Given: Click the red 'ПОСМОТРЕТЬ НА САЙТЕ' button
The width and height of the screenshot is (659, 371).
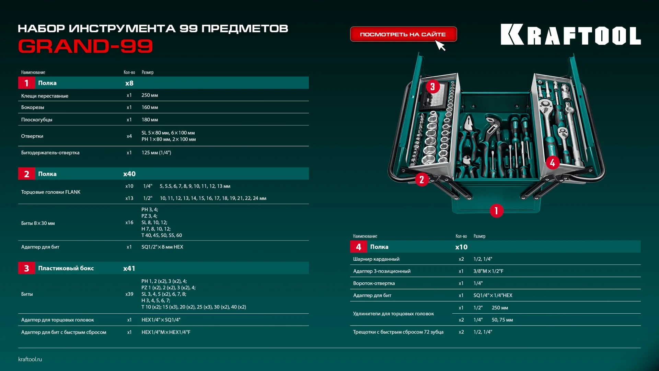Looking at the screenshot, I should (x=403, y=34).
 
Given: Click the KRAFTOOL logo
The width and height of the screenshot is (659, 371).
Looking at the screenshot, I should (x=570, y=35).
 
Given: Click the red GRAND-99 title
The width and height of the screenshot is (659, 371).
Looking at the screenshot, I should (x=85, y=46).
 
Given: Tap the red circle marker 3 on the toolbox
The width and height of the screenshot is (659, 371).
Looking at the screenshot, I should (x=432, y=87).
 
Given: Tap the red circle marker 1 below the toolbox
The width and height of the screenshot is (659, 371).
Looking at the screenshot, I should (x=496, y=211).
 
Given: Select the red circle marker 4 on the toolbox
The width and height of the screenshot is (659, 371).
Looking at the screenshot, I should (x=552, y=163).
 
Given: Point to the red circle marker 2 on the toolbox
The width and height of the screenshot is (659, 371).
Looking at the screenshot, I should (x=422, y=180).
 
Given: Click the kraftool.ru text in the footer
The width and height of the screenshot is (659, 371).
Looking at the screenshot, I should (x=30, y=359).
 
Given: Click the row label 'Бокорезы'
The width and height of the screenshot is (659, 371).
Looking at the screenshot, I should (x=33, y=108).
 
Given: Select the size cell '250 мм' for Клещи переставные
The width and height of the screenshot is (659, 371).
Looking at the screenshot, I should (x=150, y=95).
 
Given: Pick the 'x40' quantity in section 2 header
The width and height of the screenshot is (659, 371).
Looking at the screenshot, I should (x=129, y=174).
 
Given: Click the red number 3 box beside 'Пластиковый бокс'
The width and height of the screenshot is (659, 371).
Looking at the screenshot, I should (x=26, y=268).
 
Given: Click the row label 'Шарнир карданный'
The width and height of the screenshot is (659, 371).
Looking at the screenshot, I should (x=376, y=259).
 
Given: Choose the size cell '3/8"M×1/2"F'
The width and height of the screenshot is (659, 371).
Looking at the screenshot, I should (x=488, y=271).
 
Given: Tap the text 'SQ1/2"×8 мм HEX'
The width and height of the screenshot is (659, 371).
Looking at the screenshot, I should (x=162, y=247).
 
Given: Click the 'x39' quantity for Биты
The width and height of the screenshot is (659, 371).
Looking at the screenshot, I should (x=129, y=294).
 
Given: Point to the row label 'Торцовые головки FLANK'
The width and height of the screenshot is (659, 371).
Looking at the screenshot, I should (x=51, y=192).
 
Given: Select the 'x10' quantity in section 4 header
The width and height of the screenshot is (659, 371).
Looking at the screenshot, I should (x=461, y=247).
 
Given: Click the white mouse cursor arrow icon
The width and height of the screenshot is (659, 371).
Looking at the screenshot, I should (x=440, y=45).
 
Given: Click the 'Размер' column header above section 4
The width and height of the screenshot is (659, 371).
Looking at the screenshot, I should (x=479, y=236).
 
